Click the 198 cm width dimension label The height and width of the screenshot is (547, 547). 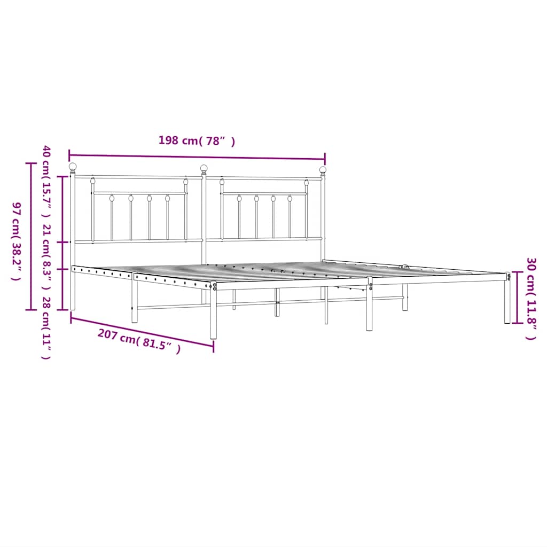[197, 141]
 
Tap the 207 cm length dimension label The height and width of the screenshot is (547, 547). [138, 341]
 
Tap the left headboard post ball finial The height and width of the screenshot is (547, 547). [73, 167]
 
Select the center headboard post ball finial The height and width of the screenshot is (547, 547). [204, 169]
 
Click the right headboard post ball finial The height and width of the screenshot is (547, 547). [323, 170]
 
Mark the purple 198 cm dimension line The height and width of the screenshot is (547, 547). [197, 157]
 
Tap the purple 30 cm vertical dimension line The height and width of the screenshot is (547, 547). [515, 298]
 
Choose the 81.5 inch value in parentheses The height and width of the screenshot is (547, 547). [159, 346]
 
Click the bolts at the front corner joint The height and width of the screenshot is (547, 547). [215, 287]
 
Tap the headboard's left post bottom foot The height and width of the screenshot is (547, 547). [73, 304]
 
